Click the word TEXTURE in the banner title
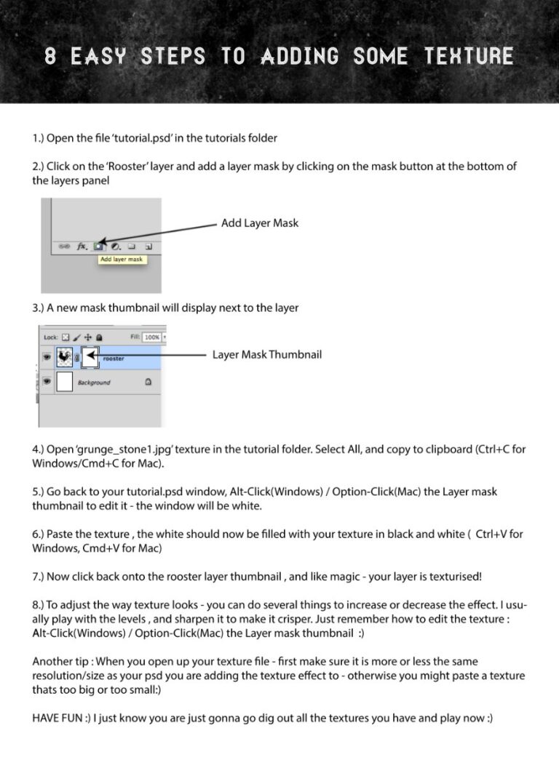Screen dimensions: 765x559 [x=469, y=57]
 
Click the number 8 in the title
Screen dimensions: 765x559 [x=50, y=57]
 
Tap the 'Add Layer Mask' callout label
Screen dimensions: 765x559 [x=260, y=223]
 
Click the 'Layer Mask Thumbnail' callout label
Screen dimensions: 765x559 [x=267, y=355]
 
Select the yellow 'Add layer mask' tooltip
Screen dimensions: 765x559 [x=122, y=259]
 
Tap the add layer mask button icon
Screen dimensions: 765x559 [x=98, y=247]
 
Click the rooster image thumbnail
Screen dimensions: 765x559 [x=63, y=357]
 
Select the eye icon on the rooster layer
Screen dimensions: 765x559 [x=46, y=357]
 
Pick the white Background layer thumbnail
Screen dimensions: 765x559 [x=64, y=382]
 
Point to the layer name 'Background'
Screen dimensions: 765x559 [x=94, y=382]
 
